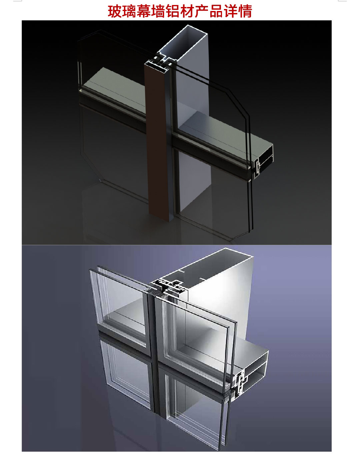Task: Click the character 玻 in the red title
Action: [115, 11]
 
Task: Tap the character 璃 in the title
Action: [129, 11]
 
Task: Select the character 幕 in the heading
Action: [144, 11]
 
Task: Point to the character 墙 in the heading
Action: [158, 11]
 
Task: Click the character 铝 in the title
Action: [173, 11]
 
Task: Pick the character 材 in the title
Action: [187, 11]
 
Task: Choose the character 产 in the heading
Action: [202, 11]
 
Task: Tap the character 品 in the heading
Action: [216, 11]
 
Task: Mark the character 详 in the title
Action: [231, 11]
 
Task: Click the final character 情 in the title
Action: [245, 11]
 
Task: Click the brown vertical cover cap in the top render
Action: [157, 140]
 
